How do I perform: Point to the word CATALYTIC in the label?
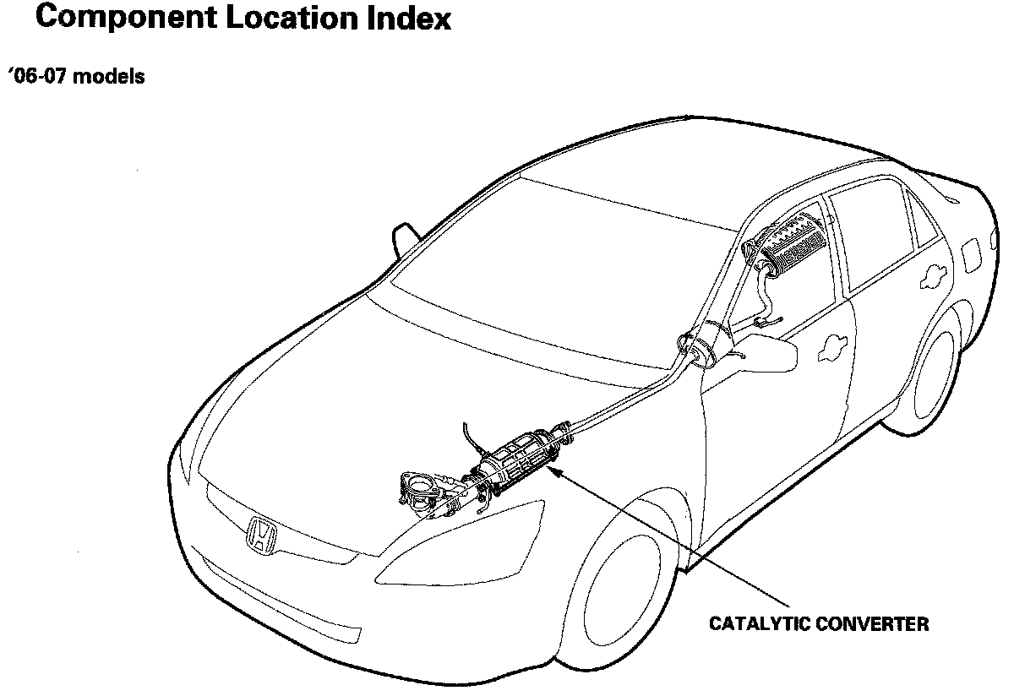tap(755, 625)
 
